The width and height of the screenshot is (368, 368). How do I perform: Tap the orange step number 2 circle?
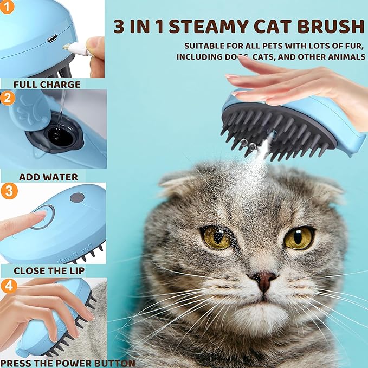[8, 98]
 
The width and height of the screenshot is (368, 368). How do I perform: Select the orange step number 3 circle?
[8, 191]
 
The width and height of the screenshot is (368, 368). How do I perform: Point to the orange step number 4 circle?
[8, 286]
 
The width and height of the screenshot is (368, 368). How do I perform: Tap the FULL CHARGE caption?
[47, 85]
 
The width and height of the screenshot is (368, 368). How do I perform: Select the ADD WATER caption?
[48, 177]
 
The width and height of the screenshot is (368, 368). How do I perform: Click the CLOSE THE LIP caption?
[49, 270]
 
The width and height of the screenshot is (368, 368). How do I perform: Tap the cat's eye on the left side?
[217, 237]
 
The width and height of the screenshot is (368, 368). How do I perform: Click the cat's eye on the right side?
[299, 237]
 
